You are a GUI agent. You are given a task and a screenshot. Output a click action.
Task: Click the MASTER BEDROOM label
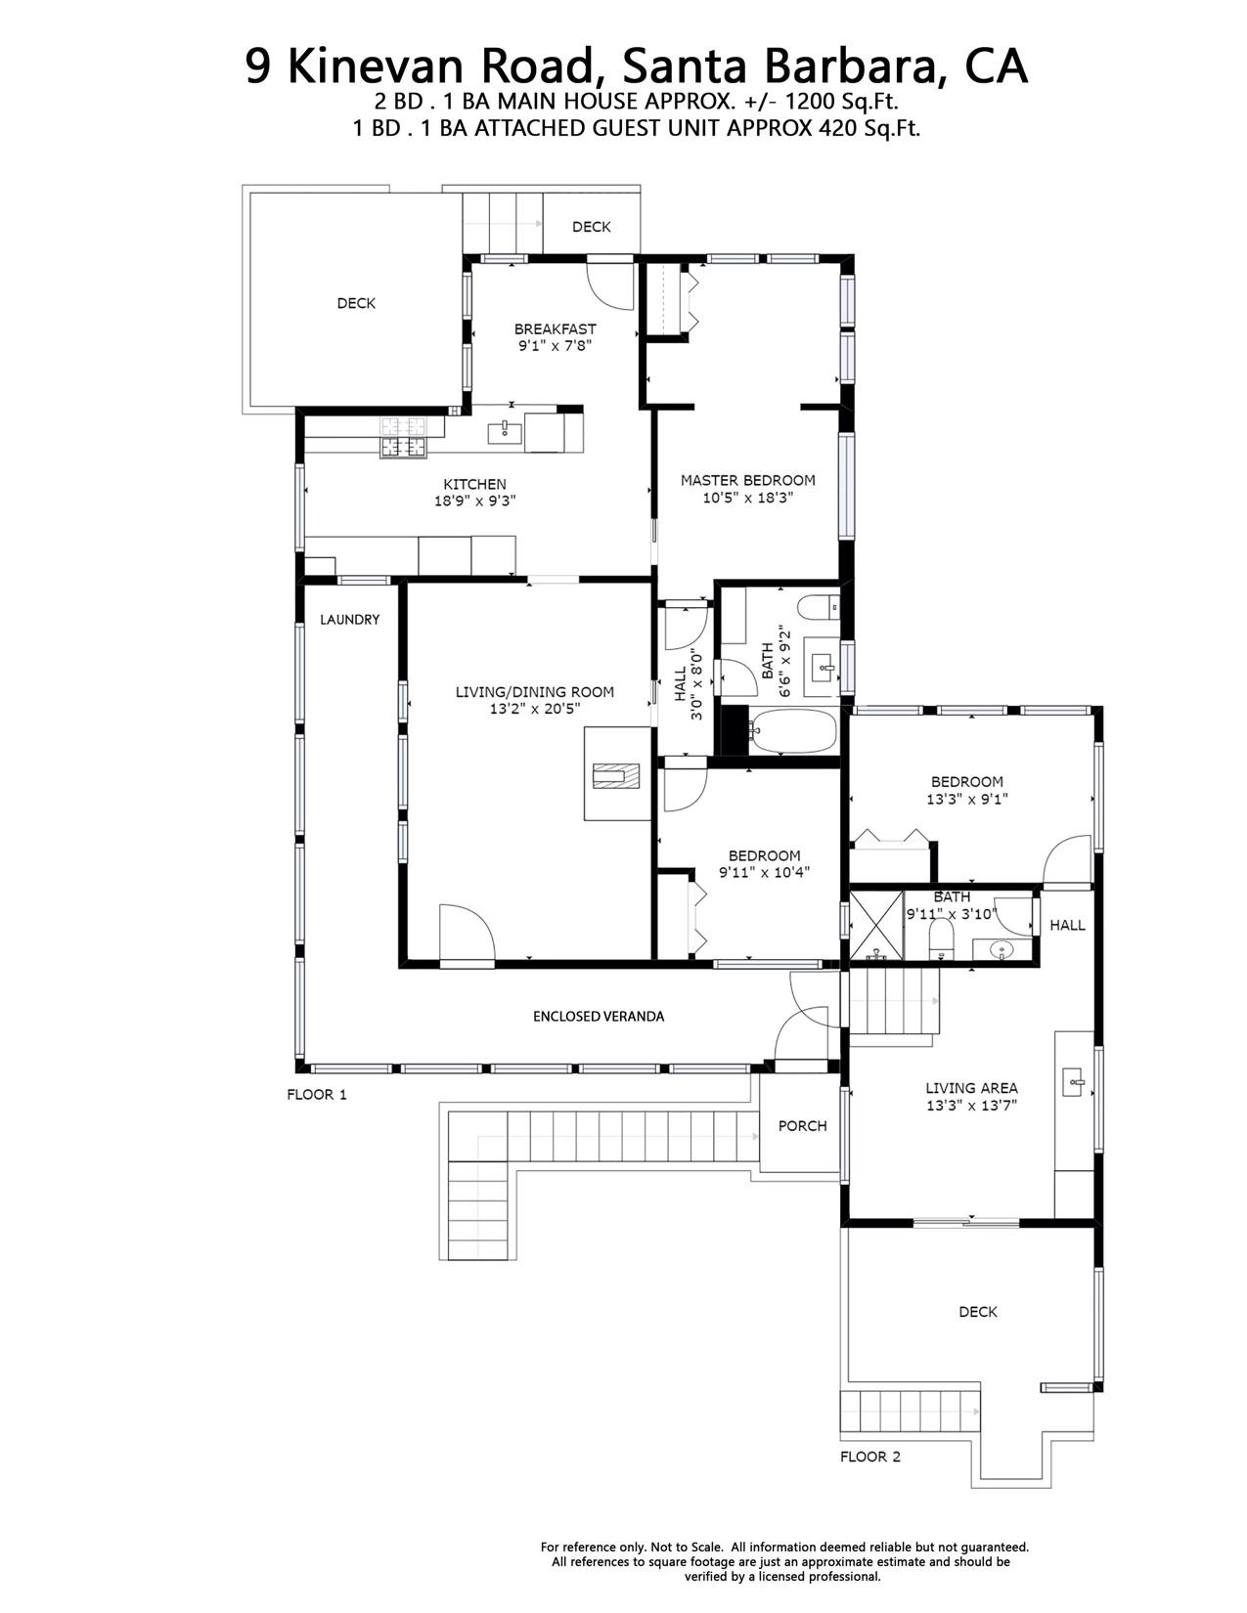click(x=747, y=480)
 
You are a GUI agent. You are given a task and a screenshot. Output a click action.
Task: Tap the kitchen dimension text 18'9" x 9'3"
click(x=474, y=501)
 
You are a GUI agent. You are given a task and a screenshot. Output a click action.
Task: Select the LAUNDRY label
click(x=349, y=619)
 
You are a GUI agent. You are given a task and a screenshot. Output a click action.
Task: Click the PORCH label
click(x=802, y=1125)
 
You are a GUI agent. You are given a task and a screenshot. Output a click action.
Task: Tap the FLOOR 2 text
click(x=869, y=1456)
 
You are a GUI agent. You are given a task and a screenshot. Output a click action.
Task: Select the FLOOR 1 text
click(x=316, y=1094)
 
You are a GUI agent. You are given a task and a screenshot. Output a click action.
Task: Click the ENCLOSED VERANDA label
click(x=598, y=1016)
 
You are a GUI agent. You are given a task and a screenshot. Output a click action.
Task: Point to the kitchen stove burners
click(x=404, y=437)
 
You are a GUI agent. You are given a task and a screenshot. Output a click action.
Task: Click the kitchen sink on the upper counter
click(x=504, y=430)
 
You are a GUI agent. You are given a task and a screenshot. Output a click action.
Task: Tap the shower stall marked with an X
click(x=875, y=923)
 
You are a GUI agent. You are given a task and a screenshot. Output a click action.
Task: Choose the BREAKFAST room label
click(x=555, y=328)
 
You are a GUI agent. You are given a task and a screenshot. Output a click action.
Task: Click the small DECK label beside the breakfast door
click(x=591, y=227)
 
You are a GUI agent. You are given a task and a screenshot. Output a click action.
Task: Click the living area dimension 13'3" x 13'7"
click(x=971, y=1106)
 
